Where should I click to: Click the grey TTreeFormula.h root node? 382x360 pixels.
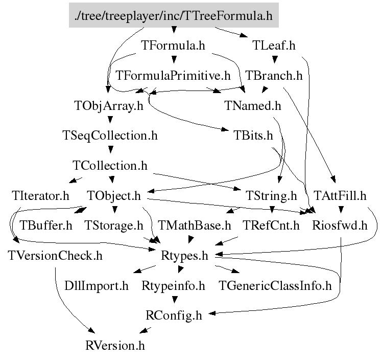174,16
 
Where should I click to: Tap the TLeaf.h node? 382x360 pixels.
274,46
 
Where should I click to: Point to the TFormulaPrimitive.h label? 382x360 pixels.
173,76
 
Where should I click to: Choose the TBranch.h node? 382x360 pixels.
274,76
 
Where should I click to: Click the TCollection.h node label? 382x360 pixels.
110,166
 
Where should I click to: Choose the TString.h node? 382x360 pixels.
271,196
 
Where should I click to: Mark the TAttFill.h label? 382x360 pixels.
341,196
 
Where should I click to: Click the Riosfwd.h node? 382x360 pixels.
340,226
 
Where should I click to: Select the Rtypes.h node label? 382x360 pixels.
184,255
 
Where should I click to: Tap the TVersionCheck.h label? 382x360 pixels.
55,255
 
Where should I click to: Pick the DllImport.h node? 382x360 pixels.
97,285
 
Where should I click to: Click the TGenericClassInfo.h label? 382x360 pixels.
275,285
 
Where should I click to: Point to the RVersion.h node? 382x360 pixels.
115,345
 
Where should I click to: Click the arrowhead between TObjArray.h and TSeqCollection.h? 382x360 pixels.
109,122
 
